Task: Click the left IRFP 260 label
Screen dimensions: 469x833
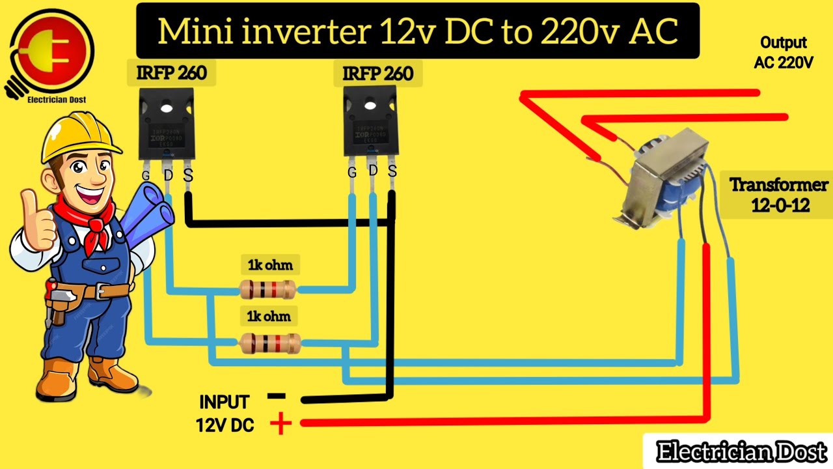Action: [171, 73]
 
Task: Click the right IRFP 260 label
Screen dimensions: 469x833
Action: [378, 74]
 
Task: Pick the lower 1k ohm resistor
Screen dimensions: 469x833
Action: [269, 343]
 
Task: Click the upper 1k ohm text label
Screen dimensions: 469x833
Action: [270, 265]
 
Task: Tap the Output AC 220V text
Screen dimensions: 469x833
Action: [784, 53]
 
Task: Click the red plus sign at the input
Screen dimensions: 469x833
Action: [280, 425]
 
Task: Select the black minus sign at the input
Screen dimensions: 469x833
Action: [276, 396]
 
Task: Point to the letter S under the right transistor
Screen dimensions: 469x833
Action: [392, 171]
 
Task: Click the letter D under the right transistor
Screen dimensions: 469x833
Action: [373, 170]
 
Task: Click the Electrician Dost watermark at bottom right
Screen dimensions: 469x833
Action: [741, 451]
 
